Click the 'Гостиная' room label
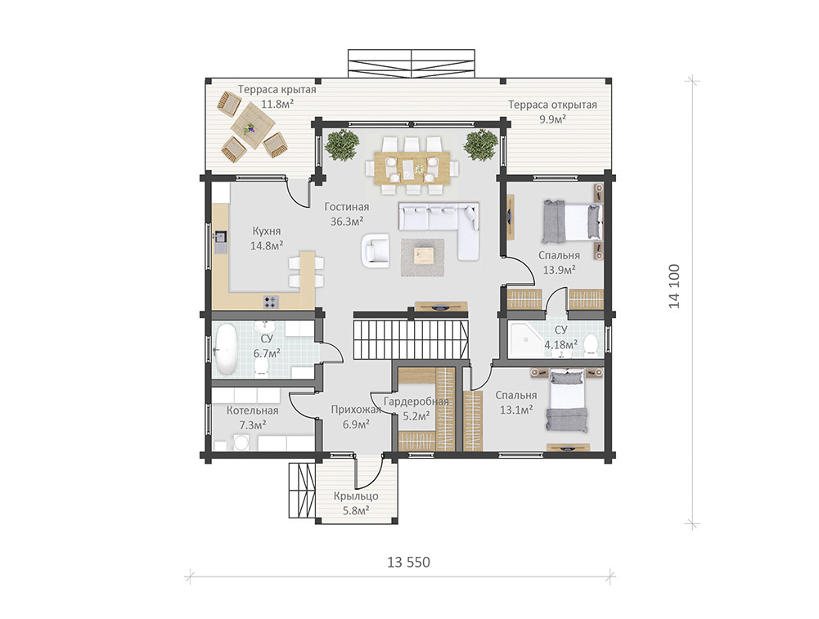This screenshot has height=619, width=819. pyautogui.click(x=346, y=207)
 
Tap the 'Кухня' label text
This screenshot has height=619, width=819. pyautogui.click(x=267, y=231)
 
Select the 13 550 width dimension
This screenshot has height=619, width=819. pyautogui.click(x=408, y=562)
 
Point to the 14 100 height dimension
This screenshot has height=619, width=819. pyautogui.click(x=675, y=286)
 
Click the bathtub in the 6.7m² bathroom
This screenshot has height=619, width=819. pyautogui.click(x=226, y=348)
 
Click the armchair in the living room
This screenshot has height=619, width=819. pyautogui.click(x=376, y=250)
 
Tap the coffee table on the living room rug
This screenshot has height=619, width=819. pyautogui.click(x=423, y=255)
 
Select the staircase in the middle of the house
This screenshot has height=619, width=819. pyautogui.click(x=411, y=339)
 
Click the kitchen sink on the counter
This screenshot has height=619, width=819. pyautogui.click(x=220, y=237)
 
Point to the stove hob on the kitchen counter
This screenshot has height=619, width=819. pyautogui.click(x=271, y=302)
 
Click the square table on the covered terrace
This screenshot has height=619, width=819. pyautogui.click(x=253, y=125)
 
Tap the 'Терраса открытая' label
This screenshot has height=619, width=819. pyautogui.click(x=552, y=105)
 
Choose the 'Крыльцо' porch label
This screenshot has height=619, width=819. pyautogui.click(x=356, y=496)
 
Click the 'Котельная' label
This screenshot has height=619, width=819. pyautogui.click(x=252, y=410)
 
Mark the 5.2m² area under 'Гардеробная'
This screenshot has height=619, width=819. pyautogui.click(x=416, y=416)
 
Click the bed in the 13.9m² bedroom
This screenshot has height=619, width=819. pyautogui.click(x=572, y=222)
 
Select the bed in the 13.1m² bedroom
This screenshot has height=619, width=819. pyautogui.click(x=566, y=401)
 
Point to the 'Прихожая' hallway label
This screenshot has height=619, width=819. pyautogui.click(x=356, y=410)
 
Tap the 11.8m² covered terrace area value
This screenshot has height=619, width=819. pyautogui.click(x=277, y=104)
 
